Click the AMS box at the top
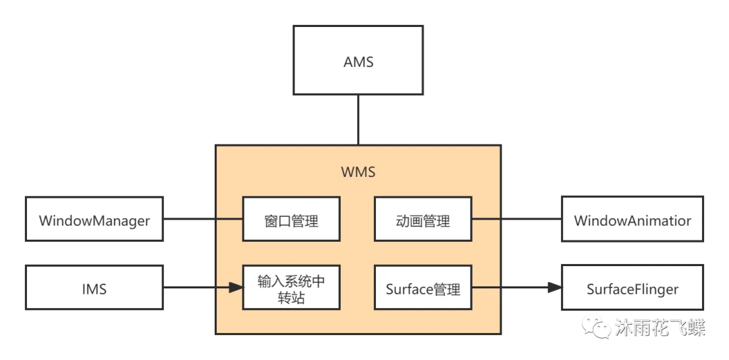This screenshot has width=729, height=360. [x=358, y=61]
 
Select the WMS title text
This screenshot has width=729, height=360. [x=358, y=172]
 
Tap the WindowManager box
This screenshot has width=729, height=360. [x=94, y=220]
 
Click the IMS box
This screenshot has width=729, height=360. [x=94, y=288]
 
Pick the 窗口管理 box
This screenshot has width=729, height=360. [x=291, y=220]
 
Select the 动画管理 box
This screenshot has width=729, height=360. [x=423, y=220]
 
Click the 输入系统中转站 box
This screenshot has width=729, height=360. [x=291, y=288]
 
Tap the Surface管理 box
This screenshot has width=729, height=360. [x=423, y=288]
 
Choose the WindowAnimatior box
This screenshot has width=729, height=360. [x=632, y=220]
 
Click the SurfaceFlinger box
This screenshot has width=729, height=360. [x=632, y=288]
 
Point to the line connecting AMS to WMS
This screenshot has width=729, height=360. [x=358, y=120]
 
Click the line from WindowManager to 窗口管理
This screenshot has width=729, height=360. [x=202, y=220]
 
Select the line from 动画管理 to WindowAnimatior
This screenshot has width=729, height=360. [x=517, y=220]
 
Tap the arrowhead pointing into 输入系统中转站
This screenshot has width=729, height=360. [x=236, y=288]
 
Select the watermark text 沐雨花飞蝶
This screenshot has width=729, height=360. [x=659, y=328]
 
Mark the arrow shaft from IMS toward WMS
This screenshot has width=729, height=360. [x=196, y=288]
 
